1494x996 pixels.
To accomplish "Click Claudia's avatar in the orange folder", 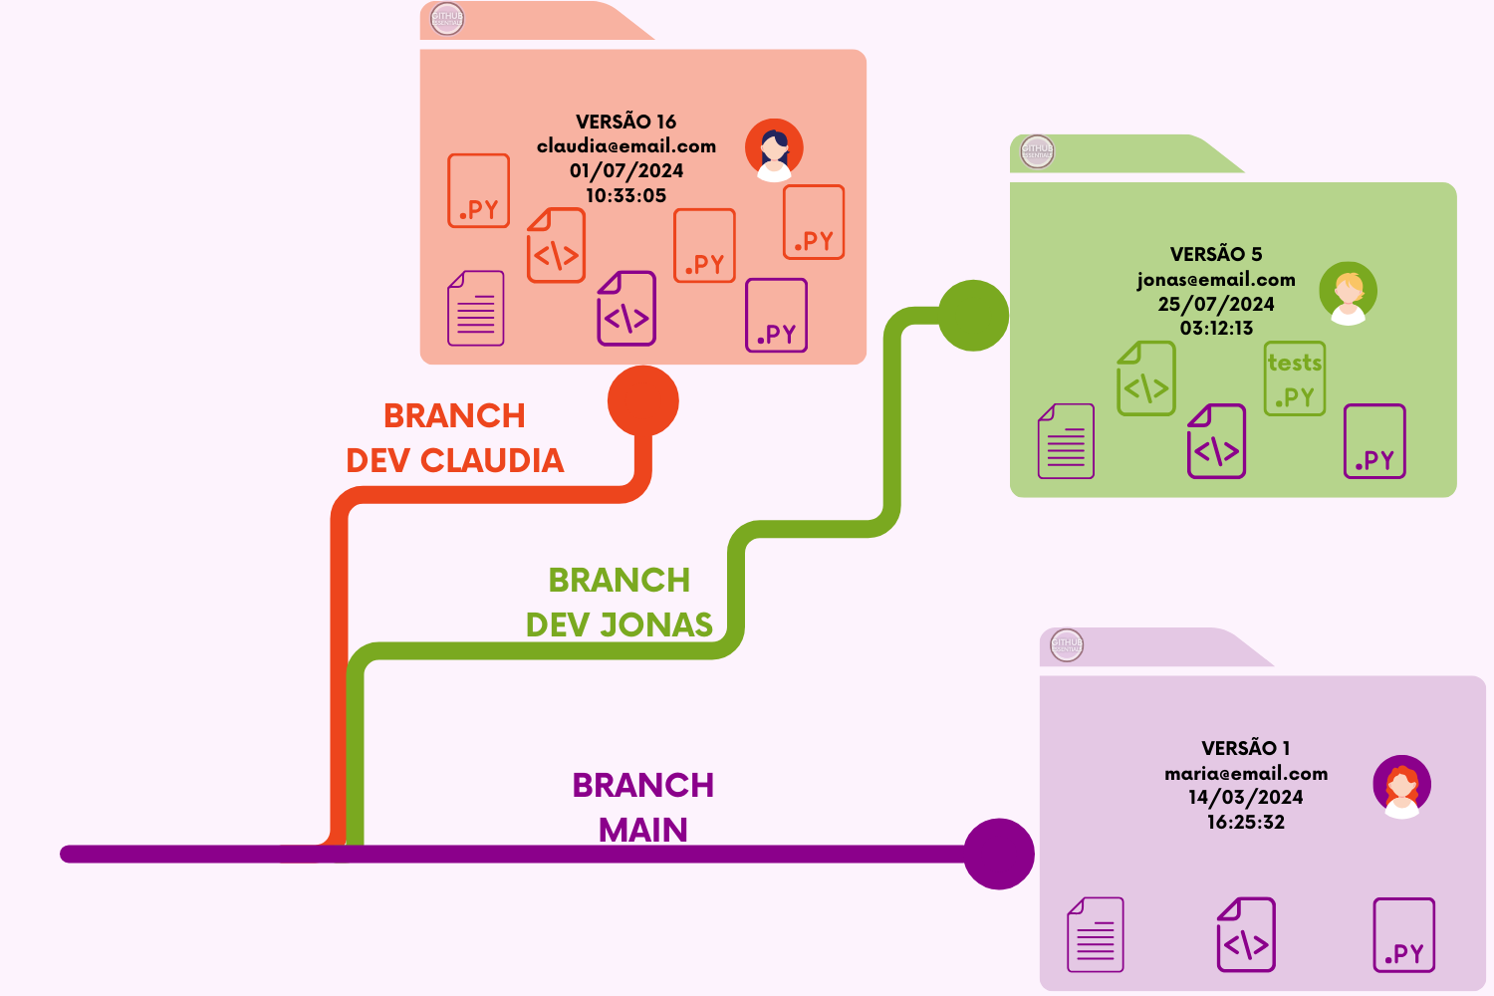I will tap(774, 149).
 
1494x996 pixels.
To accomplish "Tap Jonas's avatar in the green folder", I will tap(1348, 293).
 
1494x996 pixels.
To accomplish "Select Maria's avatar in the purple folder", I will tap(1401, 786).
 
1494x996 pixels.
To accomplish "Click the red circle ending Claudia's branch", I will tap(643, 401).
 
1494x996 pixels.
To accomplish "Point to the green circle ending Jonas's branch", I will tap(973, 316).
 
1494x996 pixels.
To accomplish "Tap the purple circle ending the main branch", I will tap(999, 854).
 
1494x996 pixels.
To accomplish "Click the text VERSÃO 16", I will tap(625, 122).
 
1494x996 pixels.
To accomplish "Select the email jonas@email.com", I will tap(1216, 280).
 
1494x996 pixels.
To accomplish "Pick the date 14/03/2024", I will tap(1245, 797).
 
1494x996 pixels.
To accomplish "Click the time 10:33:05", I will tap(625, 196).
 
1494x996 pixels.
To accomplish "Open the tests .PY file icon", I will tap(1295, 379).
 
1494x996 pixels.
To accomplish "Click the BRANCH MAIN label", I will tap(642, 807).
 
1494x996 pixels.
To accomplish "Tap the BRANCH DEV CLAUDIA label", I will tap(455, 438).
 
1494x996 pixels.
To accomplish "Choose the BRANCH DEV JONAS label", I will tap(620, 603).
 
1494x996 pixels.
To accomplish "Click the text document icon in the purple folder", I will tap(1096, 934).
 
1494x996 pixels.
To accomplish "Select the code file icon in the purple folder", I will tap(1246, 934).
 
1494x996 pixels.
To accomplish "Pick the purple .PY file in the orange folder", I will tap(777, 316).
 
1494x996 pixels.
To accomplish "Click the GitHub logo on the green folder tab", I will tap(1037, 151).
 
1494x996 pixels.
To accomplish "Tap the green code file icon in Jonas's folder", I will tap(1146, 378).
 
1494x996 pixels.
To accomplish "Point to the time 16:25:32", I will tap(1245, 823).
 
